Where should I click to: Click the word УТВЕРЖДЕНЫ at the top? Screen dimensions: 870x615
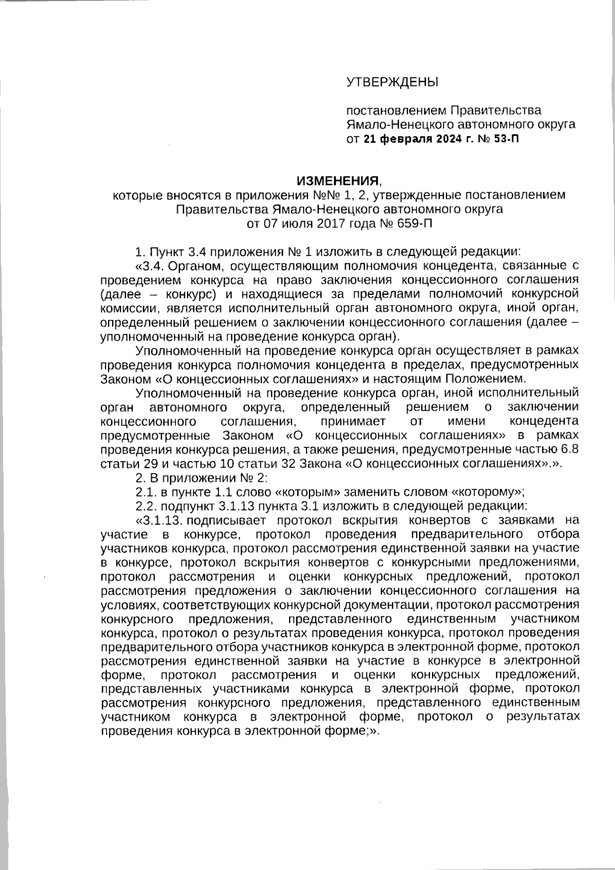click(393, 82)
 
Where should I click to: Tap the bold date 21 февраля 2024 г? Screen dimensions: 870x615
click(416, 138)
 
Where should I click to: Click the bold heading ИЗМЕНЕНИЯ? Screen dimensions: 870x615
click(339, 181)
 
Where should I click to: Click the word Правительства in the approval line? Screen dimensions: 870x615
click(496, 110)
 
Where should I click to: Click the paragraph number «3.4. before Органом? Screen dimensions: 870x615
click(150, 266)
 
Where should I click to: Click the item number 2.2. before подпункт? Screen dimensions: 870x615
click(147, 506)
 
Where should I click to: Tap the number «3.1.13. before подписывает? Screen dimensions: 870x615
click(161, 520)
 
